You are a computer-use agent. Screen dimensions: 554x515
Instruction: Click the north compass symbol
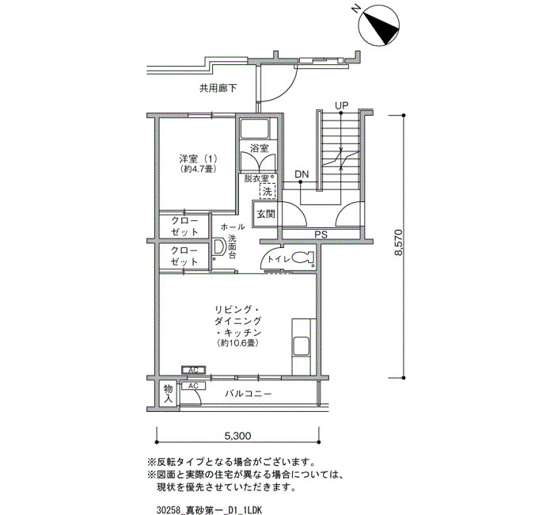(x=379, y=25)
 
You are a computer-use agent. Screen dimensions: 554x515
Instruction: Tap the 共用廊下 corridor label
(x=218, y=88)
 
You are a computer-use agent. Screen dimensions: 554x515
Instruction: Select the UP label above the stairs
(x=342, y=105)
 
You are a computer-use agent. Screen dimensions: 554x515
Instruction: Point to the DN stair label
(x=302, y=174)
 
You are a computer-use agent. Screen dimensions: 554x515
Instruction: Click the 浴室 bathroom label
(x=259, y=148)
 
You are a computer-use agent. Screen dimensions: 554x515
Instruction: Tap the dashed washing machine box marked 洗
(x=268, y=191)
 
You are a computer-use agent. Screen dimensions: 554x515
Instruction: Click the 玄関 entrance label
(x=266, y=214)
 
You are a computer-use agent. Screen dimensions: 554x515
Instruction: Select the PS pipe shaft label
(x=321, y=235)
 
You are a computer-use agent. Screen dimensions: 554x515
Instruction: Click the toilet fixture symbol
(x=303, y=257)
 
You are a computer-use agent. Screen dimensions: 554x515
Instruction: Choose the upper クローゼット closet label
(x=184, y=227)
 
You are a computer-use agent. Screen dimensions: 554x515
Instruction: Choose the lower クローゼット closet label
(x=184, y=256)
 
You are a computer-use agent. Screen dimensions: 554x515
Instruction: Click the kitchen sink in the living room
(x=301, y=345)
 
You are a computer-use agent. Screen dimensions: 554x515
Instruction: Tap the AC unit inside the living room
(x=193, y=370)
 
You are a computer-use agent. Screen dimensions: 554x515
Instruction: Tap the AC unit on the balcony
(x=193, y=386)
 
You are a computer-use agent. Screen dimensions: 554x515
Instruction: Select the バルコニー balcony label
(x=249, y=393)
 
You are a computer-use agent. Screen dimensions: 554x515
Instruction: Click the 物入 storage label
(x=168, y=394)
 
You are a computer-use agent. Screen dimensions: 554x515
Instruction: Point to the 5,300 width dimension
(x=237, y=436)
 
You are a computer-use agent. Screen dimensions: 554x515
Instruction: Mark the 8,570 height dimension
(x=399, y=242)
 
